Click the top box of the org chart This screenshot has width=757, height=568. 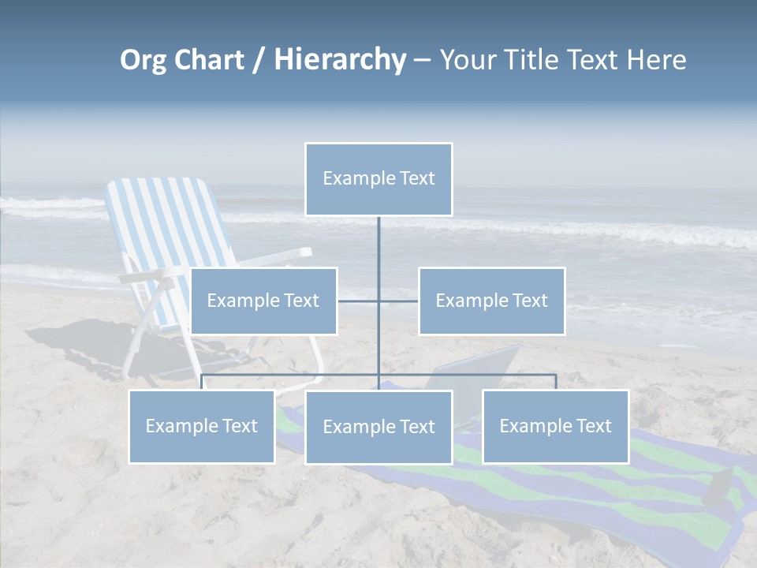point(378,179)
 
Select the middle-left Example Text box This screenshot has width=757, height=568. point(263,301)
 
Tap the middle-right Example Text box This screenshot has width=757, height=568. point(491,301)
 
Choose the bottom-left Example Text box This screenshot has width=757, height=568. point(202,426)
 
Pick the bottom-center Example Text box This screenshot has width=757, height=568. point(378,427)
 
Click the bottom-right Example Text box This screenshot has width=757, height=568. point(555,426)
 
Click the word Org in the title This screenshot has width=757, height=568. point(143,60)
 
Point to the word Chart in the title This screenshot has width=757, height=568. point(208,60)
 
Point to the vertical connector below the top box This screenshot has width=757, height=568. point(378,245)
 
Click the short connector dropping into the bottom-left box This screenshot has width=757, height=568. point(202,382)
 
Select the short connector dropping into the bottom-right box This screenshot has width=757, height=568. point(556,382)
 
